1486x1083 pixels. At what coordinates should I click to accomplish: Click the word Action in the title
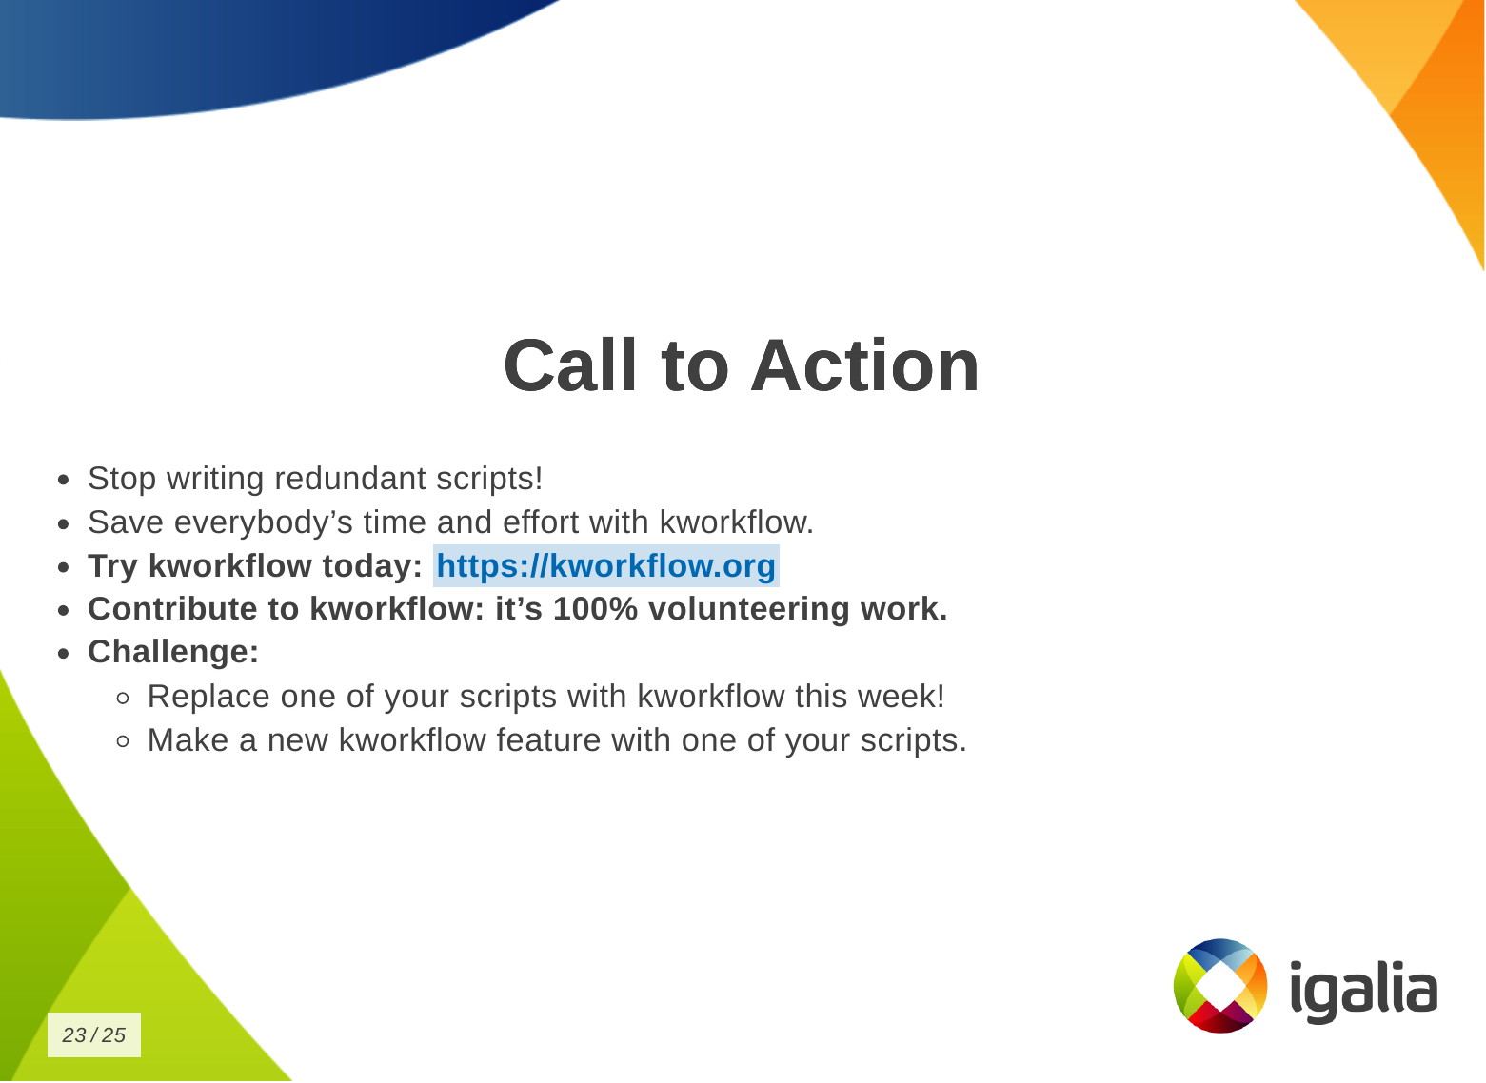click(x=865, y=365)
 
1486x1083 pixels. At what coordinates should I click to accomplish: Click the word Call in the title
click(x=570, y=365)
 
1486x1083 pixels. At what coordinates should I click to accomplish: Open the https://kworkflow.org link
click(x=605, y=565)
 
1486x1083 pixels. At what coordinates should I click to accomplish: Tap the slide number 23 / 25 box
click(x=94, y=1034)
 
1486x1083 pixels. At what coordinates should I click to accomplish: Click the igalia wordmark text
click(x=1364, y=990)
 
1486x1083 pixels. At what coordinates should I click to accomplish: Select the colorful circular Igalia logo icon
click(x=1220, y=986)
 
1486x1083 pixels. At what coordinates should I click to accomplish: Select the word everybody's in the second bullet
click(x=264, y=522)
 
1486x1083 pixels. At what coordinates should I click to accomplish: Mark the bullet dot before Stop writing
click(x=64, y=481)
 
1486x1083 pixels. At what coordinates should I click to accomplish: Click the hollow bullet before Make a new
click(x=123, y=741)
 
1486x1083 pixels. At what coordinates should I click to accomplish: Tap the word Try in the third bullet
click(x=112, y=566)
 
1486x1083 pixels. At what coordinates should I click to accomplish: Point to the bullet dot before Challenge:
click(x=64, y=654)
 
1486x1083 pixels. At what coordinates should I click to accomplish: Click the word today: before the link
click(x=372, y=566)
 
